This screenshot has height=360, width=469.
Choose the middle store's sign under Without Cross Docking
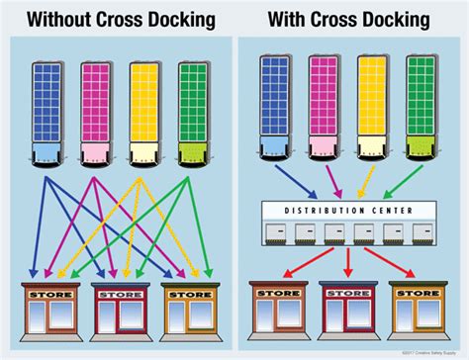pyautogui.click(x=117, y=293)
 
